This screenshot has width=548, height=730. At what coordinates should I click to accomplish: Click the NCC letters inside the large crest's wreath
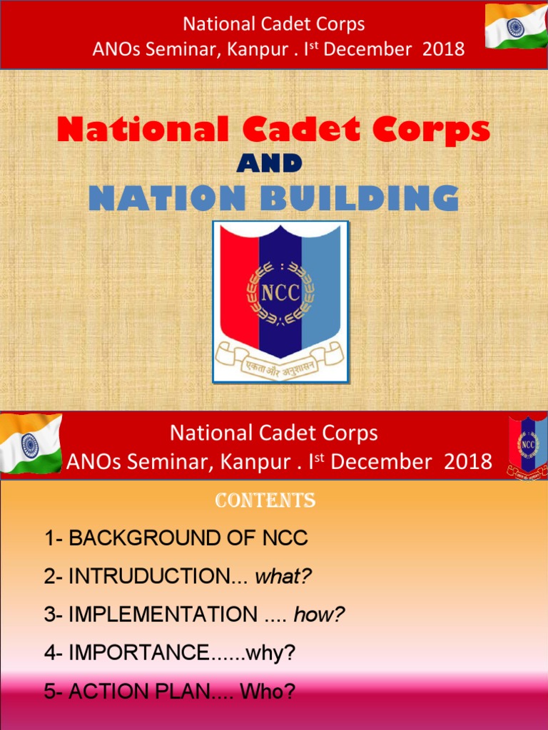point(280,293)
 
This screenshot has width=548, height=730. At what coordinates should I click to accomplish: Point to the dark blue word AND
point(269,164)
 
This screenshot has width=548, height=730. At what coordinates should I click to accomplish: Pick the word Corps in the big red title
point(436,130)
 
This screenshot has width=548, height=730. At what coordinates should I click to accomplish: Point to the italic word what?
point(283,577)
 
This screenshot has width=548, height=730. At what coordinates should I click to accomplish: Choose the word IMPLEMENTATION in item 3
point(163,615)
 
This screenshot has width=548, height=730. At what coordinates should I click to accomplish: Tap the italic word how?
point(319,615)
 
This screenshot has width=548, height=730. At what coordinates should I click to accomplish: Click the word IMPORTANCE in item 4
point(138,653)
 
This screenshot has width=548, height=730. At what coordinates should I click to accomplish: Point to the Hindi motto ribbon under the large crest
point(280,356)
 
